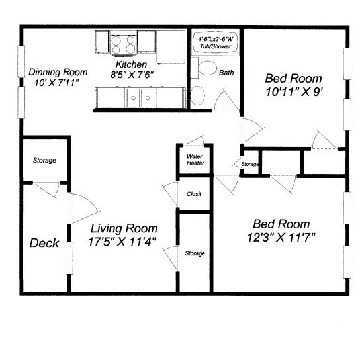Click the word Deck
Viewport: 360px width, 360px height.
(x=44, y=243)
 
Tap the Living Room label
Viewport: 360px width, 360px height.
(x=124, y=228)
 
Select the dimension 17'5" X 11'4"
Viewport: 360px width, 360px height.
(x=122, y=242)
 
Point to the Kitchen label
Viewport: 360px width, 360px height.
(x=131, y=64)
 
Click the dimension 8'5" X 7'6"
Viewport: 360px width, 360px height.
(x=132, y=75)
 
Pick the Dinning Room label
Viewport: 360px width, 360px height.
(x=58, y=72)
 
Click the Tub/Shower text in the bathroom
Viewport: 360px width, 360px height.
(x=215, y=46)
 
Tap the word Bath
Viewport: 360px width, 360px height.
(x=226, y=73)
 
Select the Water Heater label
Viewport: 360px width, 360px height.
(x=195, y=159)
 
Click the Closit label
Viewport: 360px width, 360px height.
(x=194, y=194)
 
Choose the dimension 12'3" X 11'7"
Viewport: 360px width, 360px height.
(x=281, y=237)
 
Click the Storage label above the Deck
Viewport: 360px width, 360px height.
(x=44, y=161)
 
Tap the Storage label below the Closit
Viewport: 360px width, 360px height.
(x=195, y=253)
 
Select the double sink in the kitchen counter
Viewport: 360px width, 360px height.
(x=140, y=98)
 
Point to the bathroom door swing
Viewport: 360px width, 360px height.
(x=226, y=100)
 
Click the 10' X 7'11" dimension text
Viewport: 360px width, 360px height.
(x=57, y=83)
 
